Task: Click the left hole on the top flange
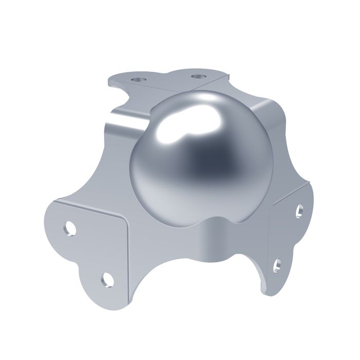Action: pos(137,80)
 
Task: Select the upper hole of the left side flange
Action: pos(71,228)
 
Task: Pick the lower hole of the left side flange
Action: pos(107,278)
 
